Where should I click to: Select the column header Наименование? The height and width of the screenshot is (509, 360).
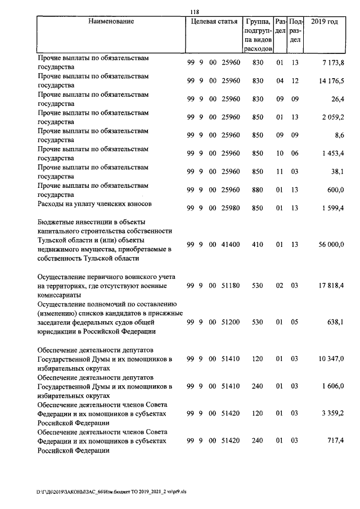pyautogui.click(x=111, y=22)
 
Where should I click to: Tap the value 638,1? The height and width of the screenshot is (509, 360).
pyautogui.click(x=335, y=322)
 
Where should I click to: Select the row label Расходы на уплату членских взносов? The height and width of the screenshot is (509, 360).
pyautogui.click(x=93, y=204)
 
